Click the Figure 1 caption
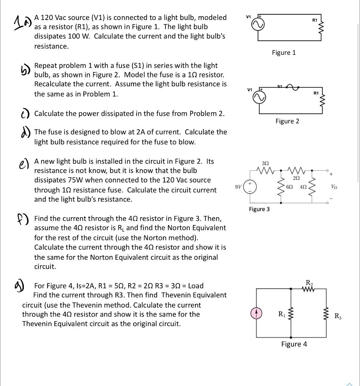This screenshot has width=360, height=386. [284, 53]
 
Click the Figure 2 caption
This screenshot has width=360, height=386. [287, 121]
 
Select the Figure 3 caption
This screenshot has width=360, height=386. [259, 209]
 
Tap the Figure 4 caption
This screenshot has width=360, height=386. [294, 344]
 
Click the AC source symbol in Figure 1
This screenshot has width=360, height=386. [258, 24]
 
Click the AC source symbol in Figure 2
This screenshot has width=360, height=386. [258, 98]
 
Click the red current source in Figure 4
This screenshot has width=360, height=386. [257, 314]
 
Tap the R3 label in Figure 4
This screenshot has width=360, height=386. [338, 316]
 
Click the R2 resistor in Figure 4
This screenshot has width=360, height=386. [309, 289]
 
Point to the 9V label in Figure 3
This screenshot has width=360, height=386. [238, 186]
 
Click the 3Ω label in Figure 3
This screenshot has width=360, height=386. [265, 163]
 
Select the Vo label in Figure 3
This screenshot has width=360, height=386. [334, 187]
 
